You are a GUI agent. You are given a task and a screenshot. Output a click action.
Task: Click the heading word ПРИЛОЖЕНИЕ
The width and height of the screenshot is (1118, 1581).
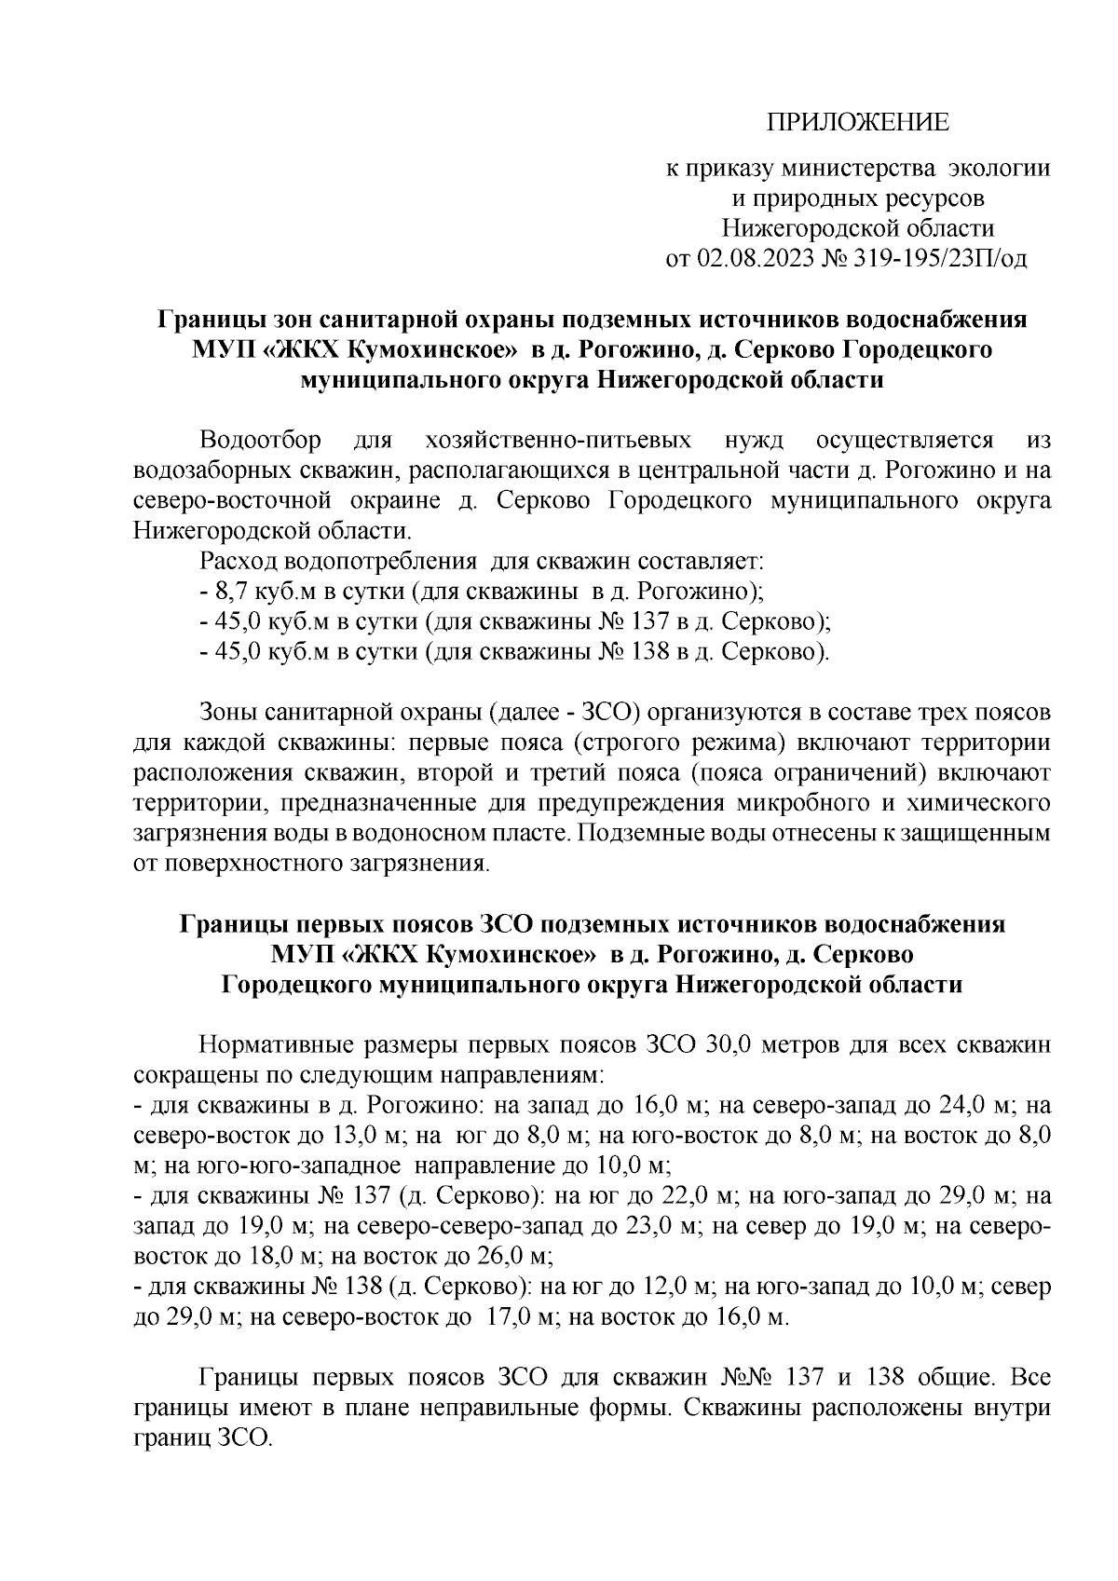click(856, 122)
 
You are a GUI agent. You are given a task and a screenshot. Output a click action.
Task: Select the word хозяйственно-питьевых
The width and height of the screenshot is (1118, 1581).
click(556, 439)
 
